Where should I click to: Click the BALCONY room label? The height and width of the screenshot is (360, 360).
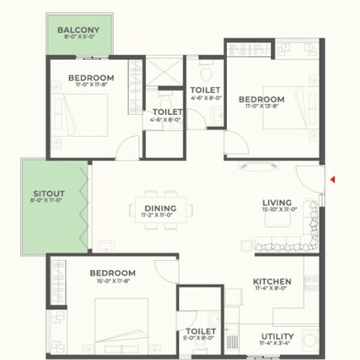(78, 30)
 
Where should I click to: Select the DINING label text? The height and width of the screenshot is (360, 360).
(160, 208)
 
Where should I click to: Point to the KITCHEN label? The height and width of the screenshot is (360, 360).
(273, 282)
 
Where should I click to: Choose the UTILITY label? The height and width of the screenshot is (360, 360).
(277, 336)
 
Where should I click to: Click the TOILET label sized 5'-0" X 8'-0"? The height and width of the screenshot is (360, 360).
(200, 332)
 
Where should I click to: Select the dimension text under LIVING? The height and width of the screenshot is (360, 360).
(277, 209)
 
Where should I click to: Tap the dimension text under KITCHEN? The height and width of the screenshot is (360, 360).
(273, 289)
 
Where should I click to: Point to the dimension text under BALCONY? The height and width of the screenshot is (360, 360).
(78, 38)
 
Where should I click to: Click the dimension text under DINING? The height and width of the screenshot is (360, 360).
(160, 215)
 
